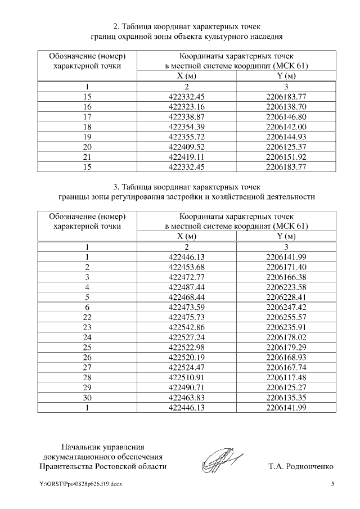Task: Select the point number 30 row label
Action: click(x=87, y=396)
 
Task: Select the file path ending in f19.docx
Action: click(x=80, y=485)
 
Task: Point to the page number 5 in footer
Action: click(x=333, y=485)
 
